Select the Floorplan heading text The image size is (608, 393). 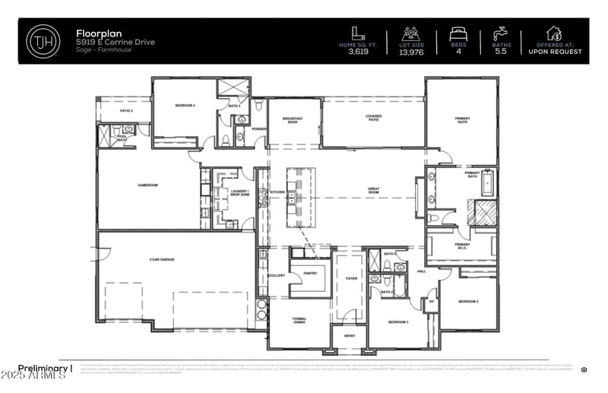pyautogui.click(x=97, y=33)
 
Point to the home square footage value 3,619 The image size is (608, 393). pyautogui.click(x=358, y=52)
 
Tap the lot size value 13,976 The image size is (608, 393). pyautogui.click(x=411, y=52)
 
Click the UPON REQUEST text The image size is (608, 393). pyautogui.click(x=555, y=52)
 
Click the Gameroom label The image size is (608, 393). pyautogui.click(x=147, y=185)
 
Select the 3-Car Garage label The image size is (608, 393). pyautogui.click(x=162, y=260)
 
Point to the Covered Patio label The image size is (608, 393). pyautogui.click(x=373, y=118)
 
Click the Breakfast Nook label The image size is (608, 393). pyautogui.click(x=293, y=120)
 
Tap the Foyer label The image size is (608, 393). pyautogui.click(x=351, y=278)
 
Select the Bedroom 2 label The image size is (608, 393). pyautogui.click(x=467, y=302)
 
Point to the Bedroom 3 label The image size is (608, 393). pyautogui.click(x=397, y=322)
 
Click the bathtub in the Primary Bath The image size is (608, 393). pyautogui.click(x=487, y=182)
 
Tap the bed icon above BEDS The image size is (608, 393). pyautogui.click(x=458, y=33)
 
